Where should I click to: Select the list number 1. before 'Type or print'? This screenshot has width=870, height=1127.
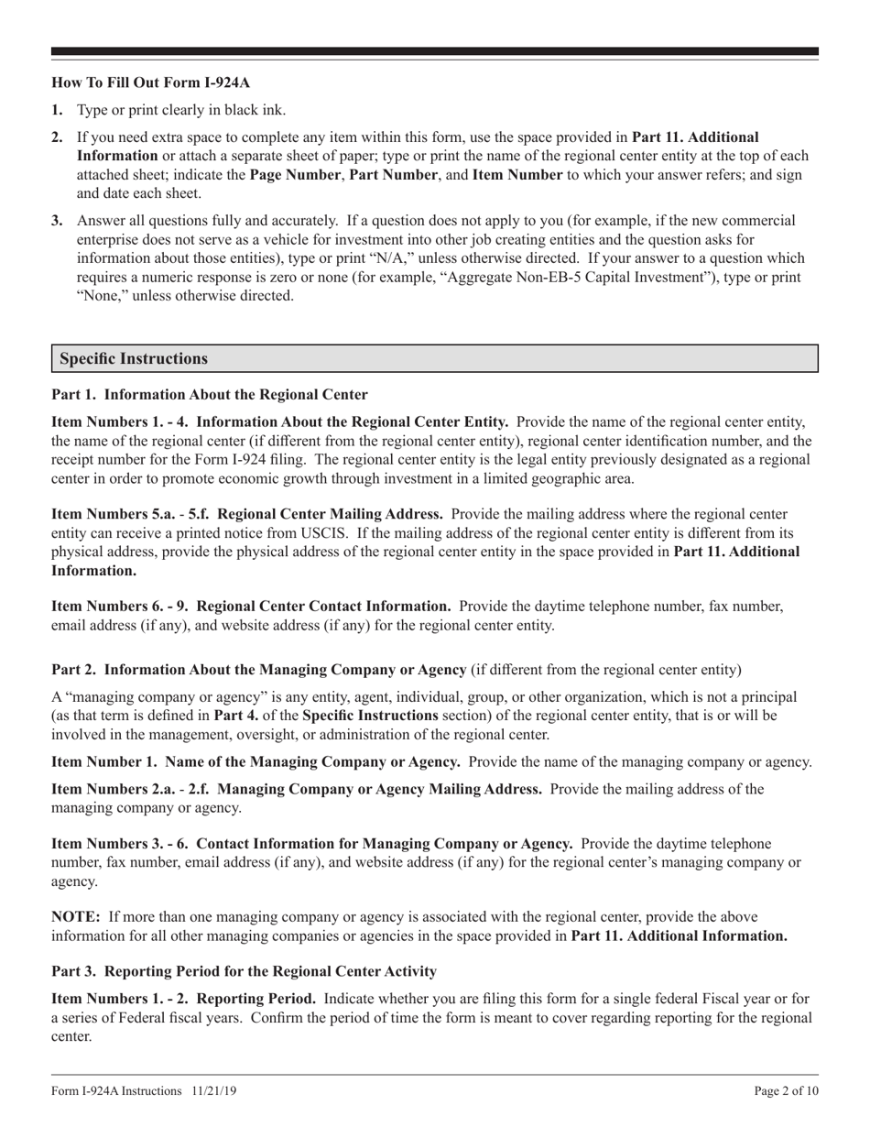coord(57,110)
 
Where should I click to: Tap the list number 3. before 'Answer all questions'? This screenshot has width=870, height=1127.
coord(57,221)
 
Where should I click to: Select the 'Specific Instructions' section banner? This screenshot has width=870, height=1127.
coord(434,358)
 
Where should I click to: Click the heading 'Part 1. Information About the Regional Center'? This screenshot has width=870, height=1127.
coord(210,395)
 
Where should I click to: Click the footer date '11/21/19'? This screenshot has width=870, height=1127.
coord(215,1091)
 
